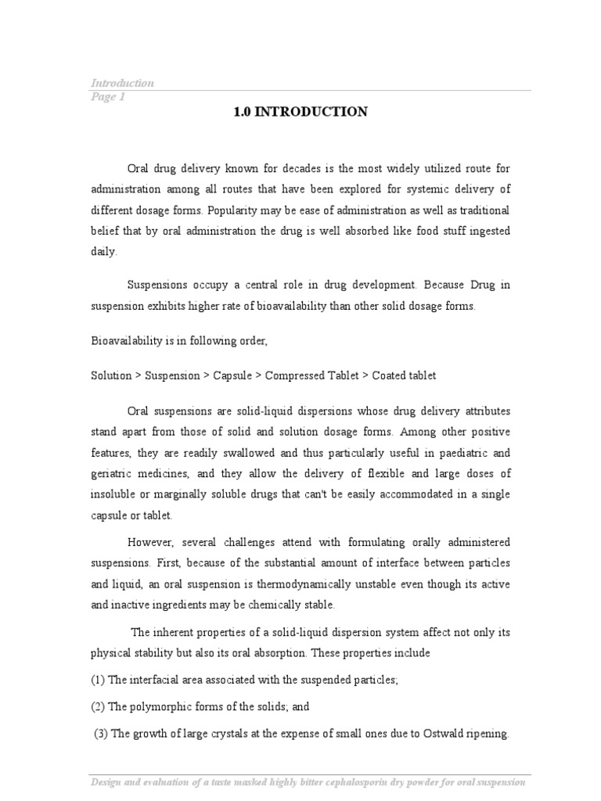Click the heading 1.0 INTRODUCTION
[x=300, y=112]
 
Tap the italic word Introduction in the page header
[x=123, y=83]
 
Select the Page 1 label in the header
[x=108, y=97]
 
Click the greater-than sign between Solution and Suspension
[x=139, y=375]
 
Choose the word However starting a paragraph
[x=153, y=543]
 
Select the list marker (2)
[x=99, y=706]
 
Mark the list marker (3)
[x=102, y=734]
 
